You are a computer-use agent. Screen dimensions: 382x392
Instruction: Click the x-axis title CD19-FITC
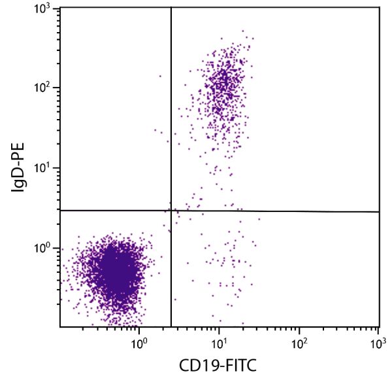219,367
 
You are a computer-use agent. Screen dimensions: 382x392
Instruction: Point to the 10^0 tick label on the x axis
139,342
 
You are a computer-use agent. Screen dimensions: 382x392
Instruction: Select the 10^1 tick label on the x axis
219,342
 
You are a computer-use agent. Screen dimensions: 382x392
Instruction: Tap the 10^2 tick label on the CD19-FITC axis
299,342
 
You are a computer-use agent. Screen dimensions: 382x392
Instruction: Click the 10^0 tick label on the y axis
43,249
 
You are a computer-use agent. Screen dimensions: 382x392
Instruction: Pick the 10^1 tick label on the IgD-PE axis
43,168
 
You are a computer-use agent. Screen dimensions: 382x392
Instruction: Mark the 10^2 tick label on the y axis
43,88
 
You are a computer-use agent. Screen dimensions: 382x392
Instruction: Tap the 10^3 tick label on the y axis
43,9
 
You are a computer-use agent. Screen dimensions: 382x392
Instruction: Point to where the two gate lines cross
171,211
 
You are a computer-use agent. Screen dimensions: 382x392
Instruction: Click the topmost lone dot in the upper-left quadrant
160,76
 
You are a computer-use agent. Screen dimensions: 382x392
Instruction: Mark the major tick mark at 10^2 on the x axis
299,325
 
